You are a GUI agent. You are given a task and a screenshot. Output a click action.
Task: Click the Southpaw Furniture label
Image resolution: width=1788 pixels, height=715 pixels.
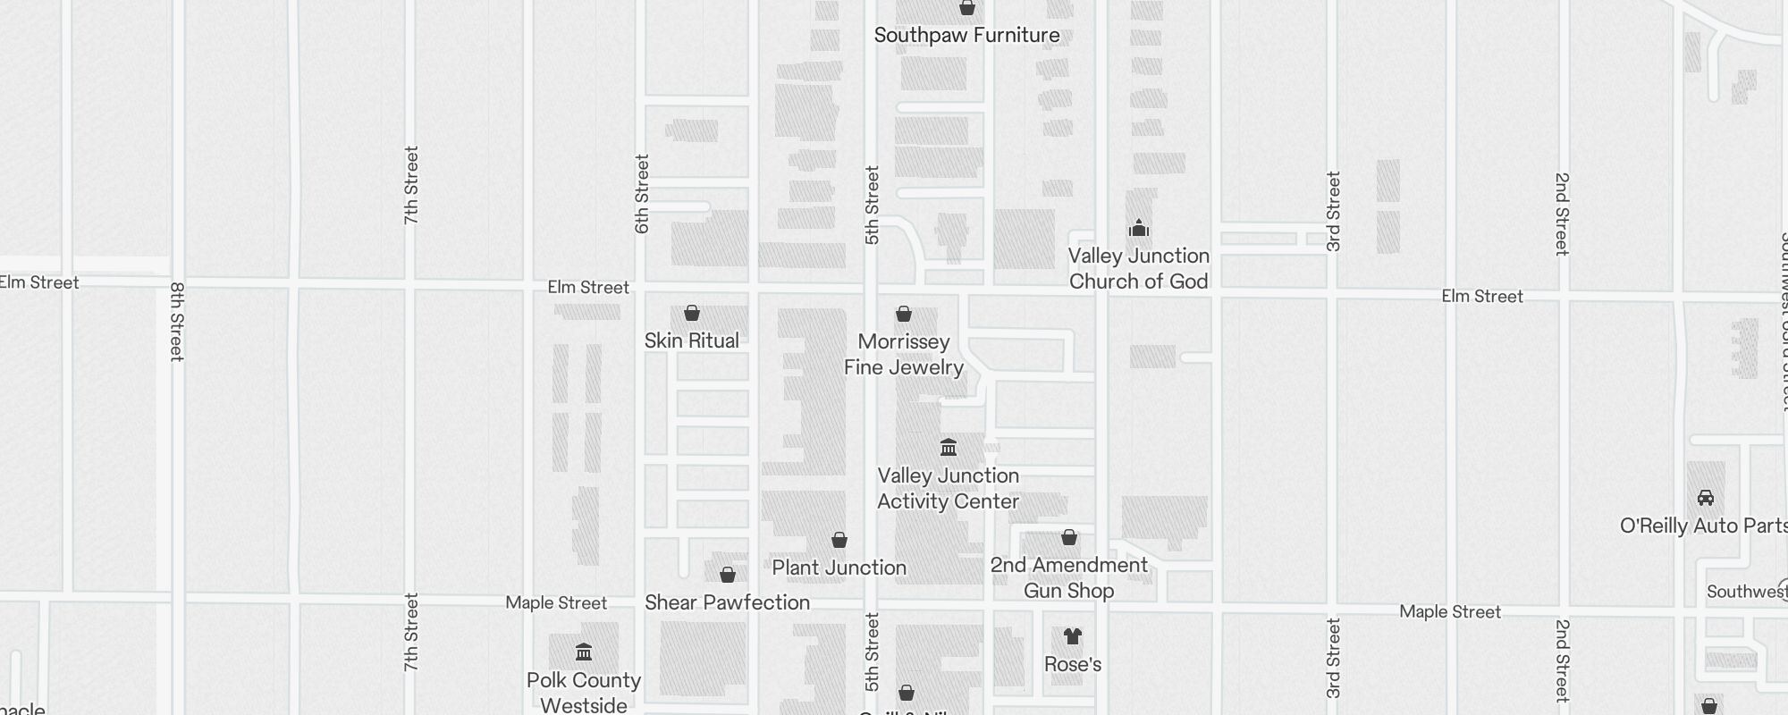click(x=966, y=36)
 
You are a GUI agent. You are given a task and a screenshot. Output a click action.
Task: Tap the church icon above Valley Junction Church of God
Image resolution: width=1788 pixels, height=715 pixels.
click(x=1138, y=228)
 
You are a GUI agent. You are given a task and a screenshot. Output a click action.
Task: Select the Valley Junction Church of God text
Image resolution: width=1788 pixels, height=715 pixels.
click(x=1138, y=268)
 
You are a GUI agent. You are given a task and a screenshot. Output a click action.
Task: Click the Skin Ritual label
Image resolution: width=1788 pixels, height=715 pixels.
click(x=691, y=341)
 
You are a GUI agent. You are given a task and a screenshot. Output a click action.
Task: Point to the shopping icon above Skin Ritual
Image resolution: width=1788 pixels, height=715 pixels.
click(x=692, y=313)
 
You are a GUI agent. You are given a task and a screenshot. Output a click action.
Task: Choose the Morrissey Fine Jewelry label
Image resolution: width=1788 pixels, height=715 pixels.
click(x=903, y=354)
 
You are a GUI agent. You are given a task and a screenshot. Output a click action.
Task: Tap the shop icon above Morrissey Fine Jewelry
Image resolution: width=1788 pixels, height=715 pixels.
click(x=904, y=314)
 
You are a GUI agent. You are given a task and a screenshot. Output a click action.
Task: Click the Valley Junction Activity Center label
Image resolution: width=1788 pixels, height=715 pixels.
click(x=948, y=488)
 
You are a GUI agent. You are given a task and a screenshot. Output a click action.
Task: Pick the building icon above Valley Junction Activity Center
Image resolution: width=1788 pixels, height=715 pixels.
click(x=949, y=447)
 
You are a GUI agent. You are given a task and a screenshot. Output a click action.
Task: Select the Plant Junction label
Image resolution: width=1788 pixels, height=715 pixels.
click(x=839, y=568)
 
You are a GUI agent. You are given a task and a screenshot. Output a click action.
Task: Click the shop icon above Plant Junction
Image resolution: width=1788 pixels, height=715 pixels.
click(x=839, y=540)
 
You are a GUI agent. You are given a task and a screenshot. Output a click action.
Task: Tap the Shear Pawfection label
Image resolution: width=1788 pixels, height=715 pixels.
click(x=727, y=602)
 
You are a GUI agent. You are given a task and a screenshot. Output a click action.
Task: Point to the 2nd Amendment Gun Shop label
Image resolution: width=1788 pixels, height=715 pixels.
click(x=1068, y=577)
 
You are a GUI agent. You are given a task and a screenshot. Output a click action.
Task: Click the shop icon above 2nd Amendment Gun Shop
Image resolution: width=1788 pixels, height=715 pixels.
click(x=1069, y=537)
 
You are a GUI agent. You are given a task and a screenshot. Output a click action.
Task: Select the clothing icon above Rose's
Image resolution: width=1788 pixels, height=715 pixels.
click(x=1073, y=636)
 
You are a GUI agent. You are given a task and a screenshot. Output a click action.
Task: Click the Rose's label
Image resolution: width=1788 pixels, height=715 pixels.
click(x=1073, y=664)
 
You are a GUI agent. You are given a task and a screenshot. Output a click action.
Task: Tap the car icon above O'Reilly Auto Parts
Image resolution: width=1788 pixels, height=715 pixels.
click(x=1705, y=498)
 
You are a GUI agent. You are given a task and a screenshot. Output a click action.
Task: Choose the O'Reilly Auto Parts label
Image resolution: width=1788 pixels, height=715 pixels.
click(x=1703, y=526)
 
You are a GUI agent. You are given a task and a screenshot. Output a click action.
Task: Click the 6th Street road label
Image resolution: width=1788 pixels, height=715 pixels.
click(x=642, y=194)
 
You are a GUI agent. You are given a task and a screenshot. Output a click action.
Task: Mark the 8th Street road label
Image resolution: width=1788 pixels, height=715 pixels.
click(x=177, y=322)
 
